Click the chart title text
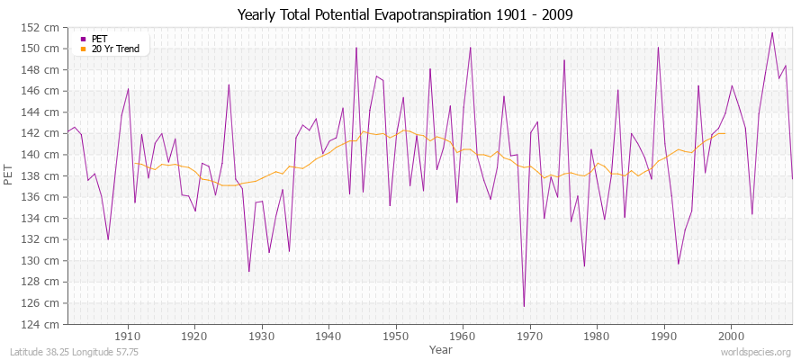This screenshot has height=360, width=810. (405, 14)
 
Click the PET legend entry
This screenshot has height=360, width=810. (100, 39)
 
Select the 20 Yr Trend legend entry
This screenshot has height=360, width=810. (115, 49)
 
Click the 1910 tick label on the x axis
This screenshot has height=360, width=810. (128, 336)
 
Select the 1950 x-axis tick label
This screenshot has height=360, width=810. (395, 336)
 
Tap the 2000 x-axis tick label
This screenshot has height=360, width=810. (730, 336)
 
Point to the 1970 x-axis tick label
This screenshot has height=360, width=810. (529, 336)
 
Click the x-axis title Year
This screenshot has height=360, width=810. (441, 348)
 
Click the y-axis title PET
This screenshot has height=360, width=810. (10, 175)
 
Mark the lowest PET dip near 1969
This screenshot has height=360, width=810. (523, 306)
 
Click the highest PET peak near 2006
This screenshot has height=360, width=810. (771, 32)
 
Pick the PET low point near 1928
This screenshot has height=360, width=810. (248, 271)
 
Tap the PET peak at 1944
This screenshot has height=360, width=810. (356, 48)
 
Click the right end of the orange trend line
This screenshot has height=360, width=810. (724, 133)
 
